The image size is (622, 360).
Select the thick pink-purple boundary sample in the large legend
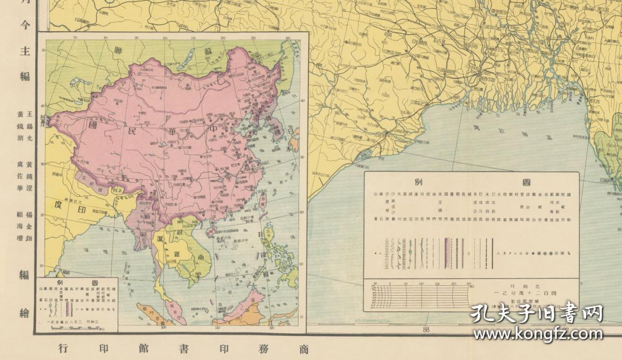445,253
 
